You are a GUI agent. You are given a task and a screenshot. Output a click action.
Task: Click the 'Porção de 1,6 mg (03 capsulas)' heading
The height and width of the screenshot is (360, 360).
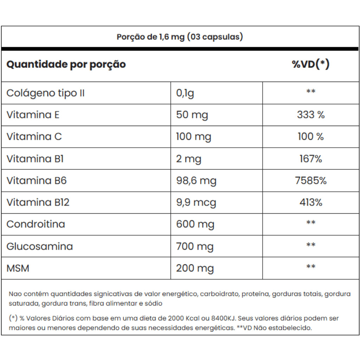(180, 37)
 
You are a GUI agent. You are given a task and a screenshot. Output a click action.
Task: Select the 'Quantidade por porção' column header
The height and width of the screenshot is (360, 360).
(66, 65)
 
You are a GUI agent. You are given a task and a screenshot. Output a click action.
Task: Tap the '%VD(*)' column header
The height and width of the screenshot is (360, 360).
(310, 64)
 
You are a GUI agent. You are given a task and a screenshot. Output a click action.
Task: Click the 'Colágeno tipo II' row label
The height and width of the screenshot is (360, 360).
(45, 93)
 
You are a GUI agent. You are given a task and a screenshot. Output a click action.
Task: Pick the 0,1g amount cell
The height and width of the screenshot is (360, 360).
(185, 94)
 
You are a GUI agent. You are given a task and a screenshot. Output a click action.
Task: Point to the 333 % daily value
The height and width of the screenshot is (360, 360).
(310, 115)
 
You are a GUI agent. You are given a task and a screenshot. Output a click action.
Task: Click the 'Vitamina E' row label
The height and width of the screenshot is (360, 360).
(33, 115)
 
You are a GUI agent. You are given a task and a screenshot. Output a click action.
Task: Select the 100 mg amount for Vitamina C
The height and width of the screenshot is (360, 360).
(193, 137)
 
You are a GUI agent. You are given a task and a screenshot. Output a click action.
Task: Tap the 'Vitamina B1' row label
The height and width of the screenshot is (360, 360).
(35, 159)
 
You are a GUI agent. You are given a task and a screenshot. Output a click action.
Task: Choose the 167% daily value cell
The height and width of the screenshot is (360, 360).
(310, 159)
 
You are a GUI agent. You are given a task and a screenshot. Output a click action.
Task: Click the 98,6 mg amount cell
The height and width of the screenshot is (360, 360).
(196, 181)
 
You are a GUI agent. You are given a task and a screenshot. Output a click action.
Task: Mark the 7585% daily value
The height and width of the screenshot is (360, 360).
(310, 181)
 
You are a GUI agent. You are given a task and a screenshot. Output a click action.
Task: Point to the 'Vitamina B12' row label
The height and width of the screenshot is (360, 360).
(38, 202)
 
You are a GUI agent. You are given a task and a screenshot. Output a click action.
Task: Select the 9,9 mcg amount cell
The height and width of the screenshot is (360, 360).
(196, 203)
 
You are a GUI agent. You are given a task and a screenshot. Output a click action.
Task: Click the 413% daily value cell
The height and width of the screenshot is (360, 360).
(310, 202)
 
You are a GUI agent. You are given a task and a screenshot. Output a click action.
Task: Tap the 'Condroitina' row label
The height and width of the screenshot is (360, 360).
(36, 224)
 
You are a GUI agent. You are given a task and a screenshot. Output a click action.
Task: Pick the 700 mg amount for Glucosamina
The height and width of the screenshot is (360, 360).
(195, 246)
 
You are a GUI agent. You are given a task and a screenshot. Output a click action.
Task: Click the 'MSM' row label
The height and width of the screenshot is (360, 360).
(18, 268)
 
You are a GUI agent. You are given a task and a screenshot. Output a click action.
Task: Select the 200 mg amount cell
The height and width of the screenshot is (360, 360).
(195, 269)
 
